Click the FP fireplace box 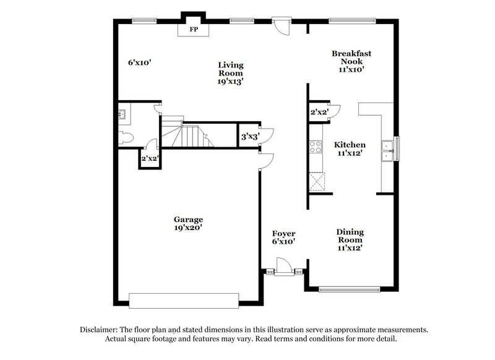[194, 28]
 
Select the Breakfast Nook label [351, 61]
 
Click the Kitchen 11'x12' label [350, 149]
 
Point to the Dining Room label [350, 239]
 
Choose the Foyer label [283, 238]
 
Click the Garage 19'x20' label [188, 223]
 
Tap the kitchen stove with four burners [315, 147]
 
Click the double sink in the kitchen [389, 150]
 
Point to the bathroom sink [121, 114]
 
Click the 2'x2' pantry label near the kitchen [319, 112]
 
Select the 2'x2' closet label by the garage [150, 159]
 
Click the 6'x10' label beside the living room [140, 62]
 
